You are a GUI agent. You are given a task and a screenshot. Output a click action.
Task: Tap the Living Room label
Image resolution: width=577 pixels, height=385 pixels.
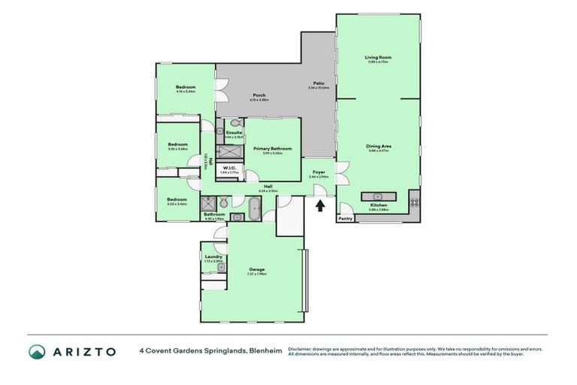378,58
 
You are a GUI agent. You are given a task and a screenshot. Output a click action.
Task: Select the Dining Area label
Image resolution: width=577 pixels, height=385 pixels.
379,147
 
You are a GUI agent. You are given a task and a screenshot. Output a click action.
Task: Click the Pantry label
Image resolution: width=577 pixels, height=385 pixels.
346,218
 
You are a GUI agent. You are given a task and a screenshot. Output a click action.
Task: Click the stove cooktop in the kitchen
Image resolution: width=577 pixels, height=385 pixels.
415,202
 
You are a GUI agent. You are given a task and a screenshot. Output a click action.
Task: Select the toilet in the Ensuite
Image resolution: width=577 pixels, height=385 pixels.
234,122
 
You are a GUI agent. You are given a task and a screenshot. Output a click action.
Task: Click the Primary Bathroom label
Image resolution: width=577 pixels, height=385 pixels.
272,149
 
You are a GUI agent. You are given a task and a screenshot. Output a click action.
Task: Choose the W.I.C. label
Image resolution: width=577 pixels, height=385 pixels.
230,168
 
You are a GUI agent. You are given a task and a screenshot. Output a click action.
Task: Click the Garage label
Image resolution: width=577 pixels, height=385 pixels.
257,269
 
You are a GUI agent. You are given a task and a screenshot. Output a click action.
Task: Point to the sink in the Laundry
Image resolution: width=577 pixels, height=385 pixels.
222,268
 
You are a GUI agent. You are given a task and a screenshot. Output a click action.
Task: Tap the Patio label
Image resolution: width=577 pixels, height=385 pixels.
319,83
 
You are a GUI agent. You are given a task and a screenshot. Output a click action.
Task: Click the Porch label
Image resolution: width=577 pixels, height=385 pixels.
258,95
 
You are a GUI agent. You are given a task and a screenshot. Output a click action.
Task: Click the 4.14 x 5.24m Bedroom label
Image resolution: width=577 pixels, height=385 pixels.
186,87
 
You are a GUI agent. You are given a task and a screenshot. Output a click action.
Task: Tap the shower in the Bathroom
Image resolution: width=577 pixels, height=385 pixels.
208,203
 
